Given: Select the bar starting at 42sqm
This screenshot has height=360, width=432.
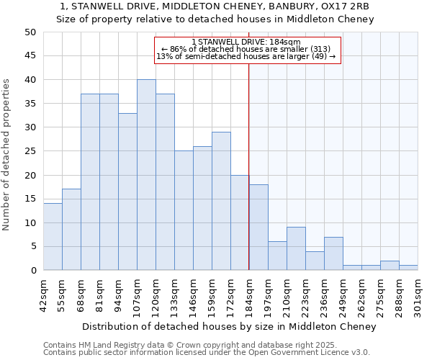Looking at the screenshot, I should click(53, 237).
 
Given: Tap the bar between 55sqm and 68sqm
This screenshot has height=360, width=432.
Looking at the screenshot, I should click(71, 230).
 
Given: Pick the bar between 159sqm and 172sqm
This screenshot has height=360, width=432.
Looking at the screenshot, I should click(221, 201).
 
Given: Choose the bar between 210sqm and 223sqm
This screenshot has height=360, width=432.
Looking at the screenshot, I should click(296, 248).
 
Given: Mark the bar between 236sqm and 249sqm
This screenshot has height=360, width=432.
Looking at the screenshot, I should click(333, 253).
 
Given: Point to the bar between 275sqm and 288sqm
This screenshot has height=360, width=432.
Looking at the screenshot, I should click(390, 265).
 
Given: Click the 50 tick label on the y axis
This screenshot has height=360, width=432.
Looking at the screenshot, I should click(30, 32).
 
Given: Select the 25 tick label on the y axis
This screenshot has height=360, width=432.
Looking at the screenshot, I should click(30, 151).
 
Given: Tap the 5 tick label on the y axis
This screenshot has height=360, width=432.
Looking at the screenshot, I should click(33, 247).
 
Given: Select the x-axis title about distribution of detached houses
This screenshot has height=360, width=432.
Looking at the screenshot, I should click(229, 327).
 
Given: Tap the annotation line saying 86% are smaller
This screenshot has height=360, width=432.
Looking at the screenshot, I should click(246, 49).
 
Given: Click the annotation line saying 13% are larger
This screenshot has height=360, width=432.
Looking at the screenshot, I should click(246, 56).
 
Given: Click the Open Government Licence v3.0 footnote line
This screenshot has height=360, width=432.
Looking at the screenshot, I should click(207, 353).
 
